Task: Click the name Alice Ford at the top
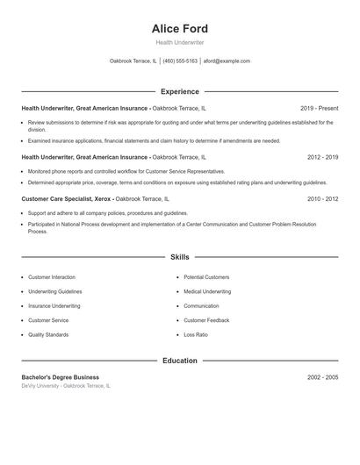click(180, 28)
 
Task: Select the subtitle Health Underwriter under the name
click(180, 42)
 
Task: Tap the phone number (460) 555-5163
click(180, 61)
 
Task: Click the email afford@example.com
click(227, 61)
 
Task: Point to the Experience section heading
click(180, 91)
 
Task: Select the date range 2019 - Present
click(319, 108)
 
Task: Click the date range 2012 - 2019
click(322, 157)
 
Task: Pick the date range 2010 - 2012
click(322, 199)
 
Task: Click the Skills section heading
click(180, 257)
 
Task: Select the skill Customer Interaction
click(52, 277)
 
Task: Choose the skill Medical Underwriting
click(207, 291)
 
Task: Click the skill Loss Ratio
click(196, 334)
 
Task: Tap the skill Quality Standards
click(48, 334)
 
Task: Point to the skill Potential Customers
click(206, 277)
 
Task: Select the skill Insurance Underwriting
click(54, 306)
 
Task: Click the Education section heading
click(180, 361)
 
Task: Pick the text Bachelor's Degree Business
click(61, 377)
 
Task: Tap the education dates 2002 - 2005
click(322, 377)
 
